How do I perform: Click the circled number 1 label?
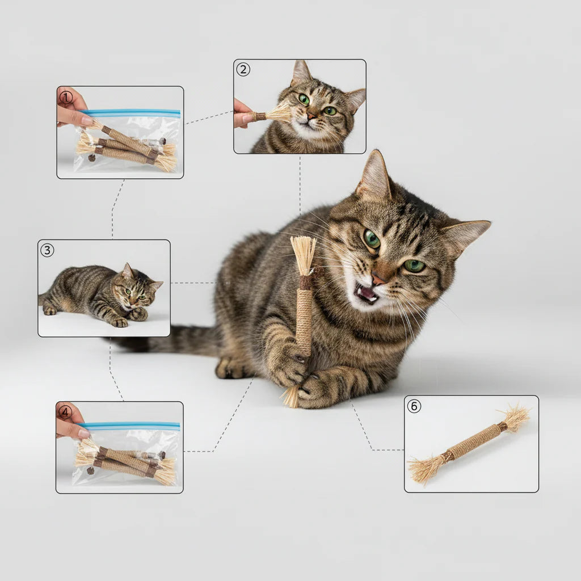[66, 98]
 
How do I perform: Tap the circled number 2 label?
[243, 69]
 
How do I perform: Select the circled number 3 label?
[47, 250]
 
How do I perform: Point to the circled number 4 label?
[66, 412]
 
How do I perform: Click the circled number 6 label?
[414, 406]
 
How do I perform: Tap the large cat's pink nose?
[378, 278]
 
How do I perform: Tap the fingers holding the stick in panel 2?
[243, 114]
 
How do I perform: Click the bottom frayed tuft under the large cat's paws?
[291, 397]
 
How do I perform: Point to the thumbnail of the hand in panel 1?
[87, 121]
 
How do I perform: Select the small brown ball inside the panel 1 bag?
[91, 158]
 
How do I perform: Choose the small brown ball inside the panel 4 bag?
[90, 471]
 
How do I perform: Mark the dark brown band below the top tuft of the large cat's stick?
[306, 283]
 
